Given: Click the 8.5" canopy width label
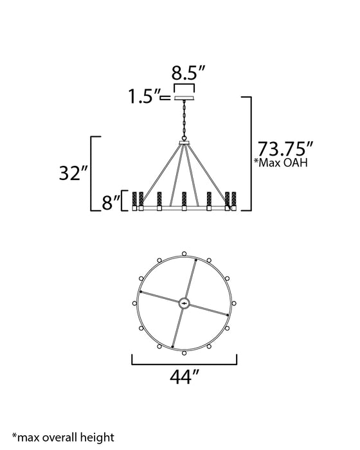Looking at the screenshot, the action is click(188, 73).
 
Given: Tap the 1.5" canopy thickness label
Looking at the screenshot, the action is click(144, 96).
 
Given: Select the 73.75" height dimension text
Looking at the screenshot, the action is click(285, 149).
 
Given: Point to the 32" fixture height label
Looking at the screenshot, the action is click(73, 173).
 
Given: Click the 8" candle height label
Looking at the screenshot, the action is click(111, 203).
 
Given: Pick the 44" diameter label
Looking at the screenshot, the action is click(184, 377).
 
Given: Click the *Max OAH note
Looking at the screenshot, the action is click(281, 163).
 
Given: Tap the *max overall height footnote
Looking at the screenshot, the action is click(63, 438).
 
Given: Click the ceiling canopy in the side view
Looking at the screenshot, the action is click(184, 98).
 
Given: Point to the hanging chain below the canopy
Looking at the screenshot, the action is click(184, 121).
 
